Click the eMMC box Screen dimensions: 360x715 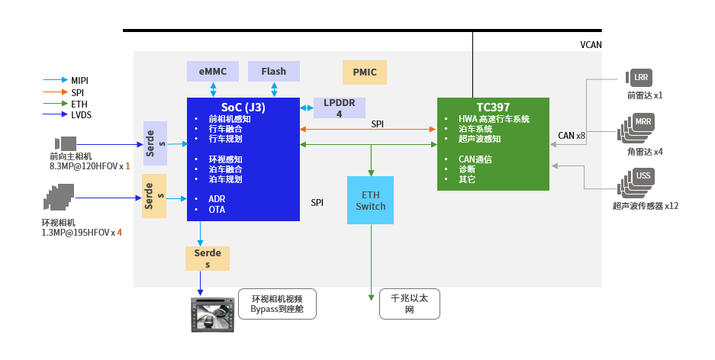click(212, 71)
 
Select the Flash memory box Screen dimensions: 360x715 click(273, 71)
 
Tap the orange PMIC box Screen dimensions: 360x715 click(364, 72)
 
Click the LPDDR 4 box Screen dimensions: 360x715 click(339, 108)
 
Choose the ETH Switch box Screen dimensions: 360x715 click(370, 200)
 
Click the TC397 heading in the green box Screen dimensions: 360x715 click(493, 108)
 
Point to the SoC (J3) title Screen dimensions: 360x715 click(243, 108)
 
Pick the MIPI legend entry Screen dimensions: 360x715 click(79, 80)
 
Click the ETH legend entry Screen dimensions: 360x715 click(79, 103)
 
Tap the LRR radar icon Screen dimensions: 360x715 click(639, 77)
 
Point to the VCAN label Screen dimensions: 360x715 click(591, 44)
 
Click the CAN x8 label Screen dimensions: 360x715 click(571, 136)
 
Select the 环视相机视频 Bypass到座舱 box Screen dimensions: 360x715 click(276, 304)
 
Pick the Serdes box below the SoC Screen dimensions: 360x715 click(207, 258)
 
